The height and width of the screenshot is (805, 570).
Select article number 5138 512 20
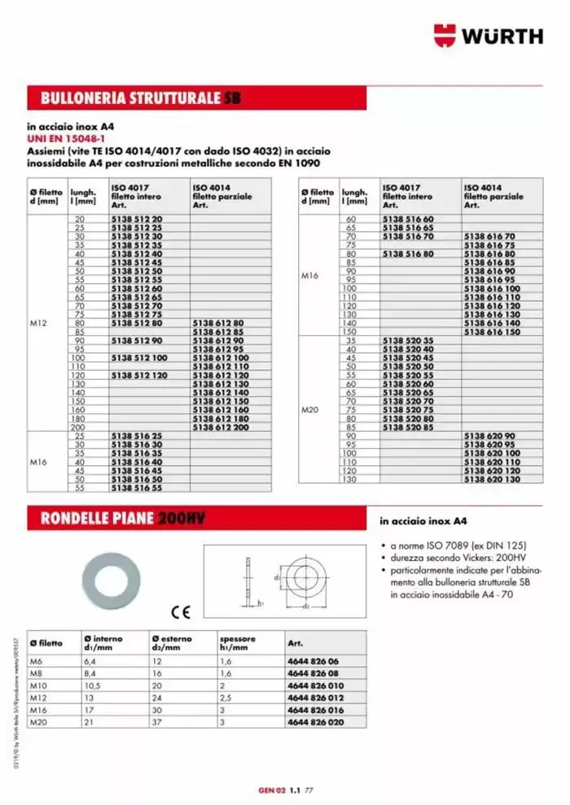pos(136,220)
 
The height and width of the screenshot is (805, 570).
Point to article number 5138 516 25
pos(136,437)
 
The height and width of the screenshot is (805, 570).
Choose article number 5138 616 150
pos(491,332)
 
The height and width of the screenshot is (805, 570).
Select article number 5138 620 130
pos(491,481)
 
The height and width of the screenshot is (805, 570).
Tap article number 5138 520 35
pos(408,340)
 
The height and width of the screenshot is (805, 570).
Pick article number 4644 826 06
pos(313,661)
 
